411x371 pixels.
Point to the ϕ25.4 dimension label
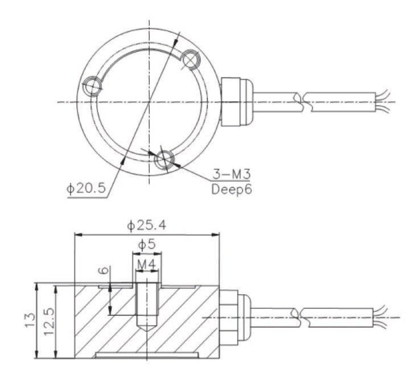[147, 226]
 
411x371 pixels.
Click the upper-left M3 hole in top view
[91, 88]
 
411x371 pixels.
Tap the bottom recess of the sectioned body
[147, 356]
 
